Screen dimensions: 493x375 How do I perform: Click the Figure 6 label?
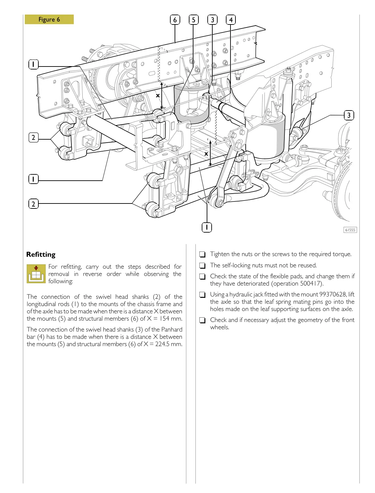pyautogui.click(x=49, y=20)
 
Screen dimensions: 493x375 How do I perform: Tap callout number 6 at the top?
pyautogui.click(x=175, y=20)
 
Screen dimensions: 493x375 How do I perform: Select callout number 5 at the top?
pyautogui.click(x=193, y=20)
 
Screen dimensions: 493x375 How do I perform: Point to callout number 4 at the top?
pyautogui.click(x=231, y=20)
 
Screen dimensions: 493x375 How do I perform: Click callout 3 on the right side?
pyautogui.click(x=349, y=115)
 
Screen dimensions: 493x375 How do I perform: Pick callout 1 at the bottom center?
pyautogui.click(x=207, y=227)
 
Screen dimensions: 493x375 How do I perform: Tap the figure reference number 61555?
pyautogui.click(x=350, y=230)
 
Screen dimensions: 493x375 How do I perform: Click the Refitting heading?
pyautogui.click(x=41, y=254)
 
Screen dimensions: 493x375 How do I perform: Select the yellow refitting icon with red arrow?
pyautogui.click(x=36, y=274)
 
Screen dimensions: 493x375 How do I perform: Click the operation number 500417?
pyautogui.click(x=311, y=284)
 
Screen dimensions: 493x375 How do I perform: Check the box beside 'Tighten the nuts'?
pyautogui.click(x=202, y=254)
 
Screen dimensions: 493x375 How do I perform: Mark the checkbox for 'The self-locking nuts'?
pyautogui.click(x=202, y=266)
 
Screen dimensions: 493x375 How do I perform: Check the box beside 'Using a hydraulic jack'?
pyautogui.click(x=202, y=295)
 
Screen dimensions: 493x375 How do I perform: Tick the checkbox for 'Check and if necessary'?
pyautogui.click(x=202, y=320)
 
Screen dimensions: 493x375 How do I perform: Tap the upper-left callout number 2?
pyautogui.click(x=33, y=137)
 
